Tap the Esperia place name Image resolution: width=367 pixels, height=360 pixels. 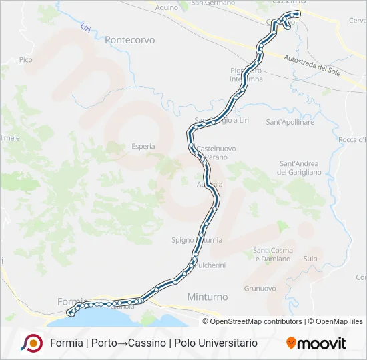point(143,146)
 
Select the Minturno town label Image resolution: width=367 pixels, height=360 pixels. point(208,297)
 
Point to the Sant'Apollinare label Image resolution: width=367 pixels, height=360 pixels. point(290,123)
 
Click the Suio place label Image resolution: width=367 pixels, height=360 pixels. point(310,258)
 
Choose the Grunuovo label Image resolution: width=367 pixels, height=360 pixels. point(260,289)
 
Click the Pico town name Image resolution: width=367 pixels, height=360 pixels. point(26,60)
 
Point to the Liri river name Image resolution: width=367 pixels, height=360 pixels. point(85,28)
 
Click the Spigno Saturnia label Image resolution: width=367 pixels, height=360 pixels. point(197,240)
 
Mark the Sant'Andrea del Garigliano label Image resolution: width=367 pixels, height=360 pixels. point(299,168)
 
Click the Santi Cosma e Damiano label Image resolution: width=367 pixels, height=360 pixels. point(272,255)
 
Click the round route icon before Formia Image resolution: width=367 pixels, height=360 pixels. point(31,343)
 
